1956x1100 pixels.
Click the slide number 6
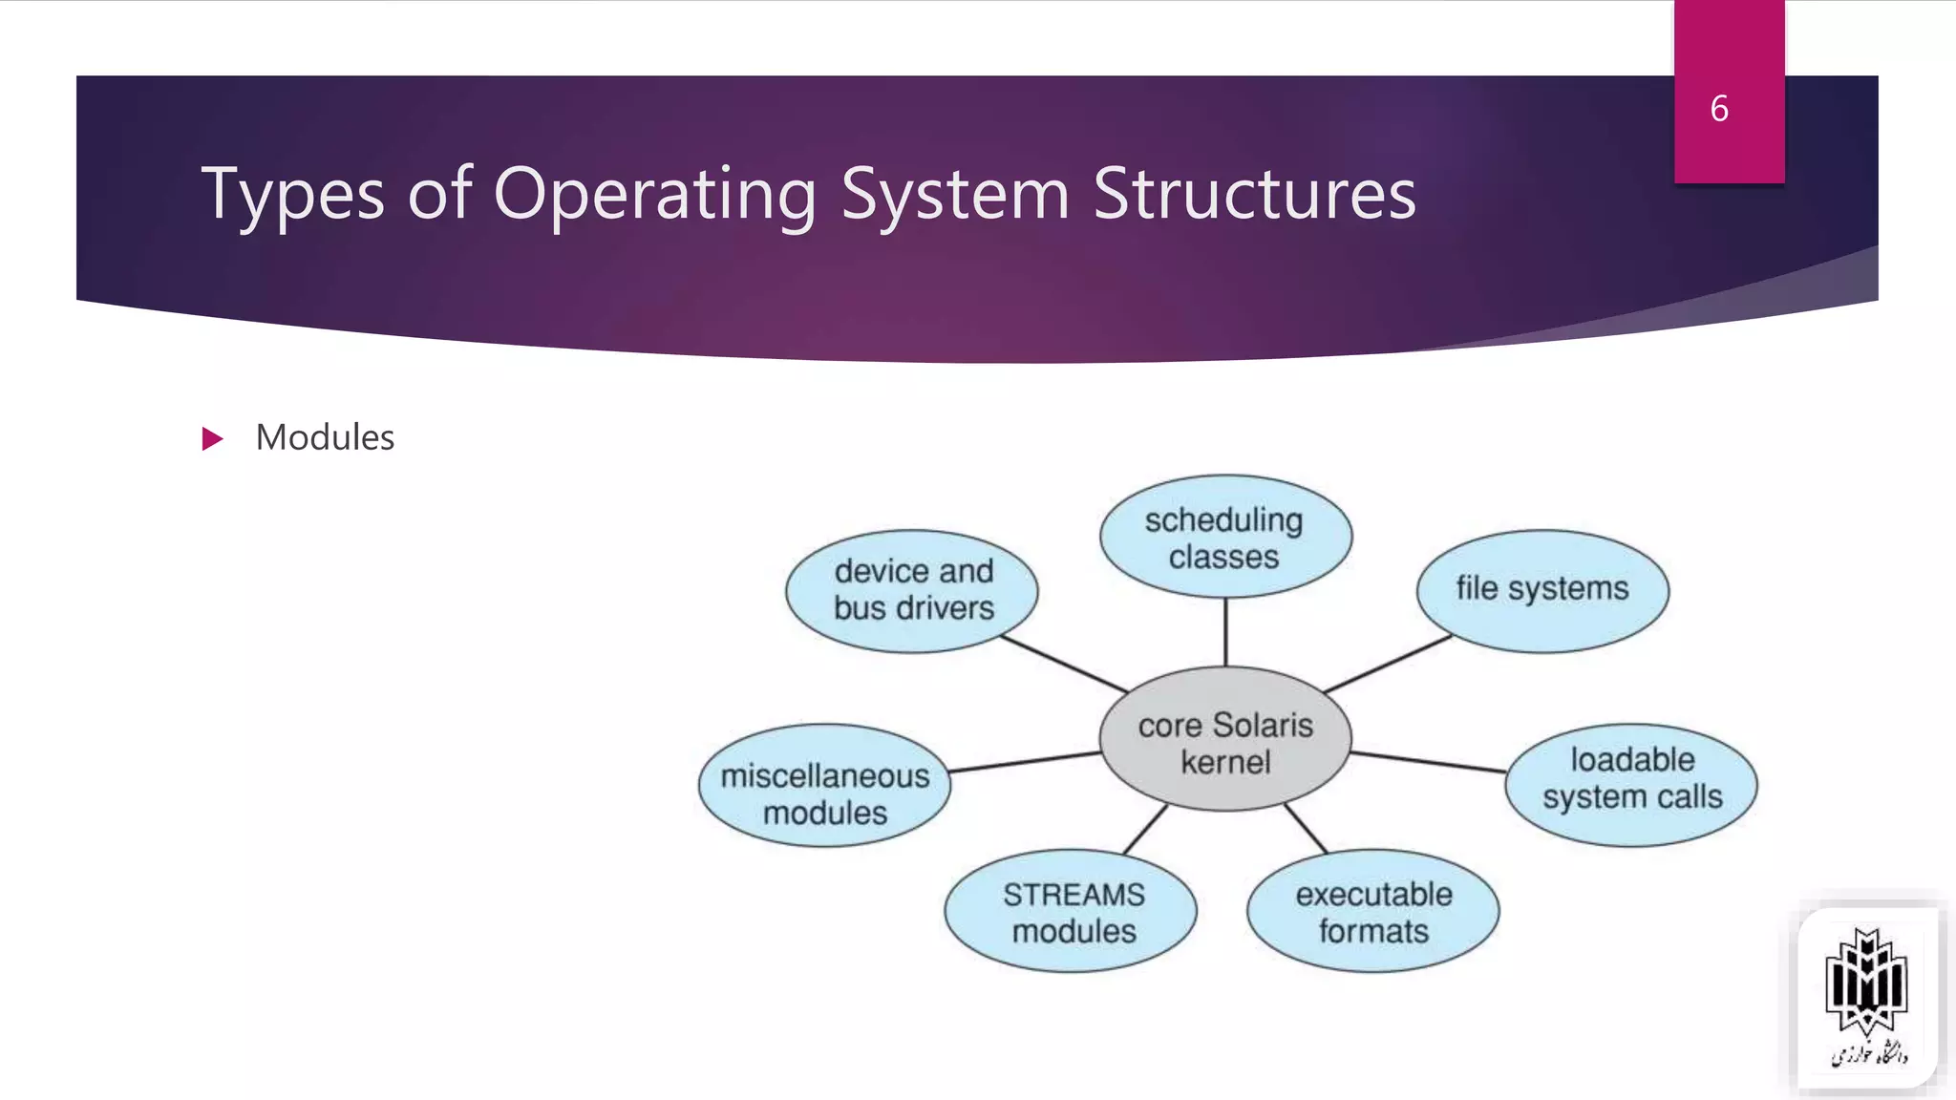pos(1719,109)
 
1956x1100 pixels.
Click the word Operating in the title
pos(655,195)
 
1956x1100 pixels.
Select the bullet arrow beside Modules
pos(212,439)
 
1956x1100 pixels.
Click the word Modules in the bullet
pos(325,437)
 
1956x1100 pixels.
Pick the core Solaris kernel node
pos(1225,740)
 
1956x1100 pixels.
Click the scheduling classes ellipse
pos(1225,537)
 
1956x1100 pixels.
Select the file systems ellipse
pos(1542,591)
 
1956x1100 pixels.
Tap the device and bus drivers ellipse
pos(912,591)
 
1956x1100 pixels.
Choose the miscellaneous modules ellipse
pos(824,786)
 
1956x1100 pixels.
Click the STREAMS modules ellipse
pos(1072,911)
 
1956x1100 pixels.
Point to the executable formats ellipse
pos(1372,911)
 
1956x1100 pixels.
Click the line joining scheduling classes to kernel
pos(1225,631)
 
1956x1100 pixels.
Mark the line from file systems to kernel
pos(1388,664)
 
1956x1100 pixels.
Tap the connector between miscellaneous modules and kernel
pos(1025,761)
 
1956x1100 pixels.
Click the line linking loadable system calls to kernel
pos(1428,761)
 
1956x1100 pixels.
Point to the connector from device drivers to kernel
pos(1064,664)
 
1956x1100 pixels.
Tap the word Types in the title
pos(293,195)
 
